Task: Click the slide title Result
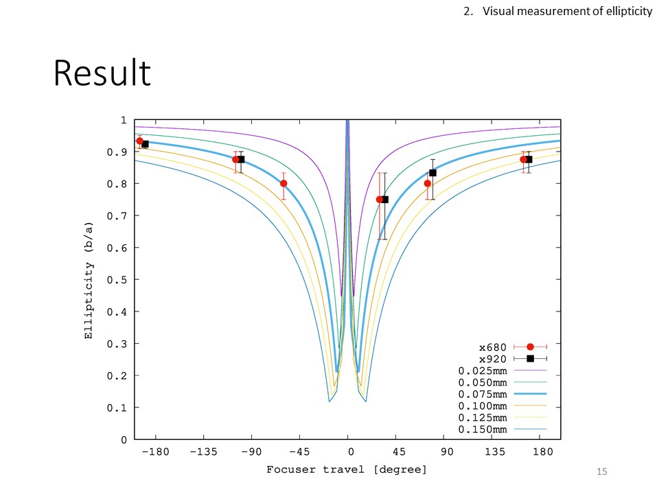[102, 73]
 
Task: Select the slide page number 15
[603, 471]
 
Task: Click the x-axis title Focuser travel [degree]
[347, 469]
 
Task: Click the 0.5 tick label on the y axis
[119, 280]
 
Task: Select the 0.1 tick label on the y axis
[119, 408]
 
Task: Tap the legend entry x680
[494, 347]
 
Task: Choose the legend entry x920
[494, 359]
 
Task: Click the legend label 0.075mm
[483, 395]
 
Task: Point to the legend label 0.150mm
[483, 430]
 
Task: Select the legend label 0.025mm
[483, 370]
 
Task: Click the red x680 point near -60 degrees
[284, 183]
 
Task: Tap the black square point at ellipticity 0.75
[385, 200]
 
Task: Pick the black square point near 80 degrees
[432, 173]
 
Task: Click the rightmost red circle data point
[523, 159]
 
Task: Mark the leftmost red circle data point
[139, 141]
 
